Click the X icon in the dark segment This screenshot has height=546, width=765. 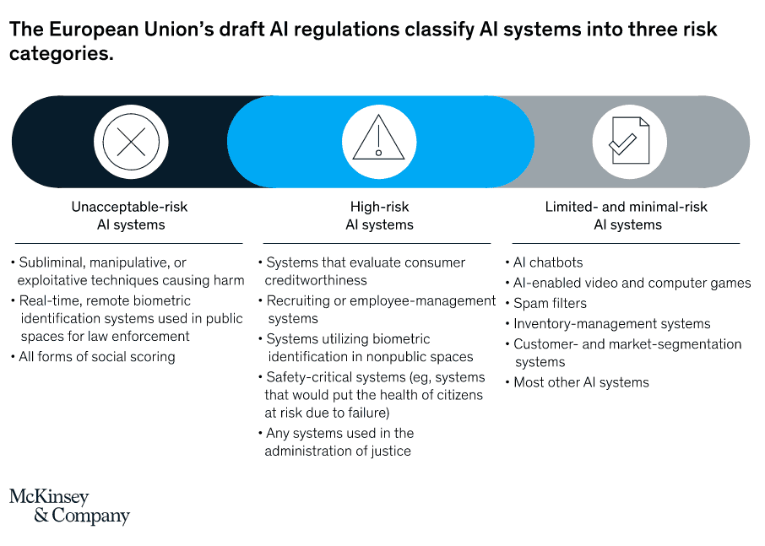tap(131, 142)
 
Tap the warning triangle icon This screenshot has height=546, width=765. tap(378, 138)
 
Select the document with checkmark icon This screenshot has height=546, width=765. tap(629, 141)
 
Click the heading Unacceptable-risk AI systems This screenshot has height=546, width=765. tap(130, 216)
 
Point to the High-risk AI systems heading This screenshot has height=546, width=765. tap(379, 216)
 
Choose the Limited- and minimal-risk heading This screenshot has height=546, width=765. tap(627, 216)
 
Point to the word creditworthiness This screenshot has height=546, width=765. tap(316, 281)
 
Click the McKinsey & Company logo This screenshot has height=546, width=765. tap(69, 506)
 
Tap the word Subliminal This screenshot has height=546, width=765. tap(52, 262)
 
